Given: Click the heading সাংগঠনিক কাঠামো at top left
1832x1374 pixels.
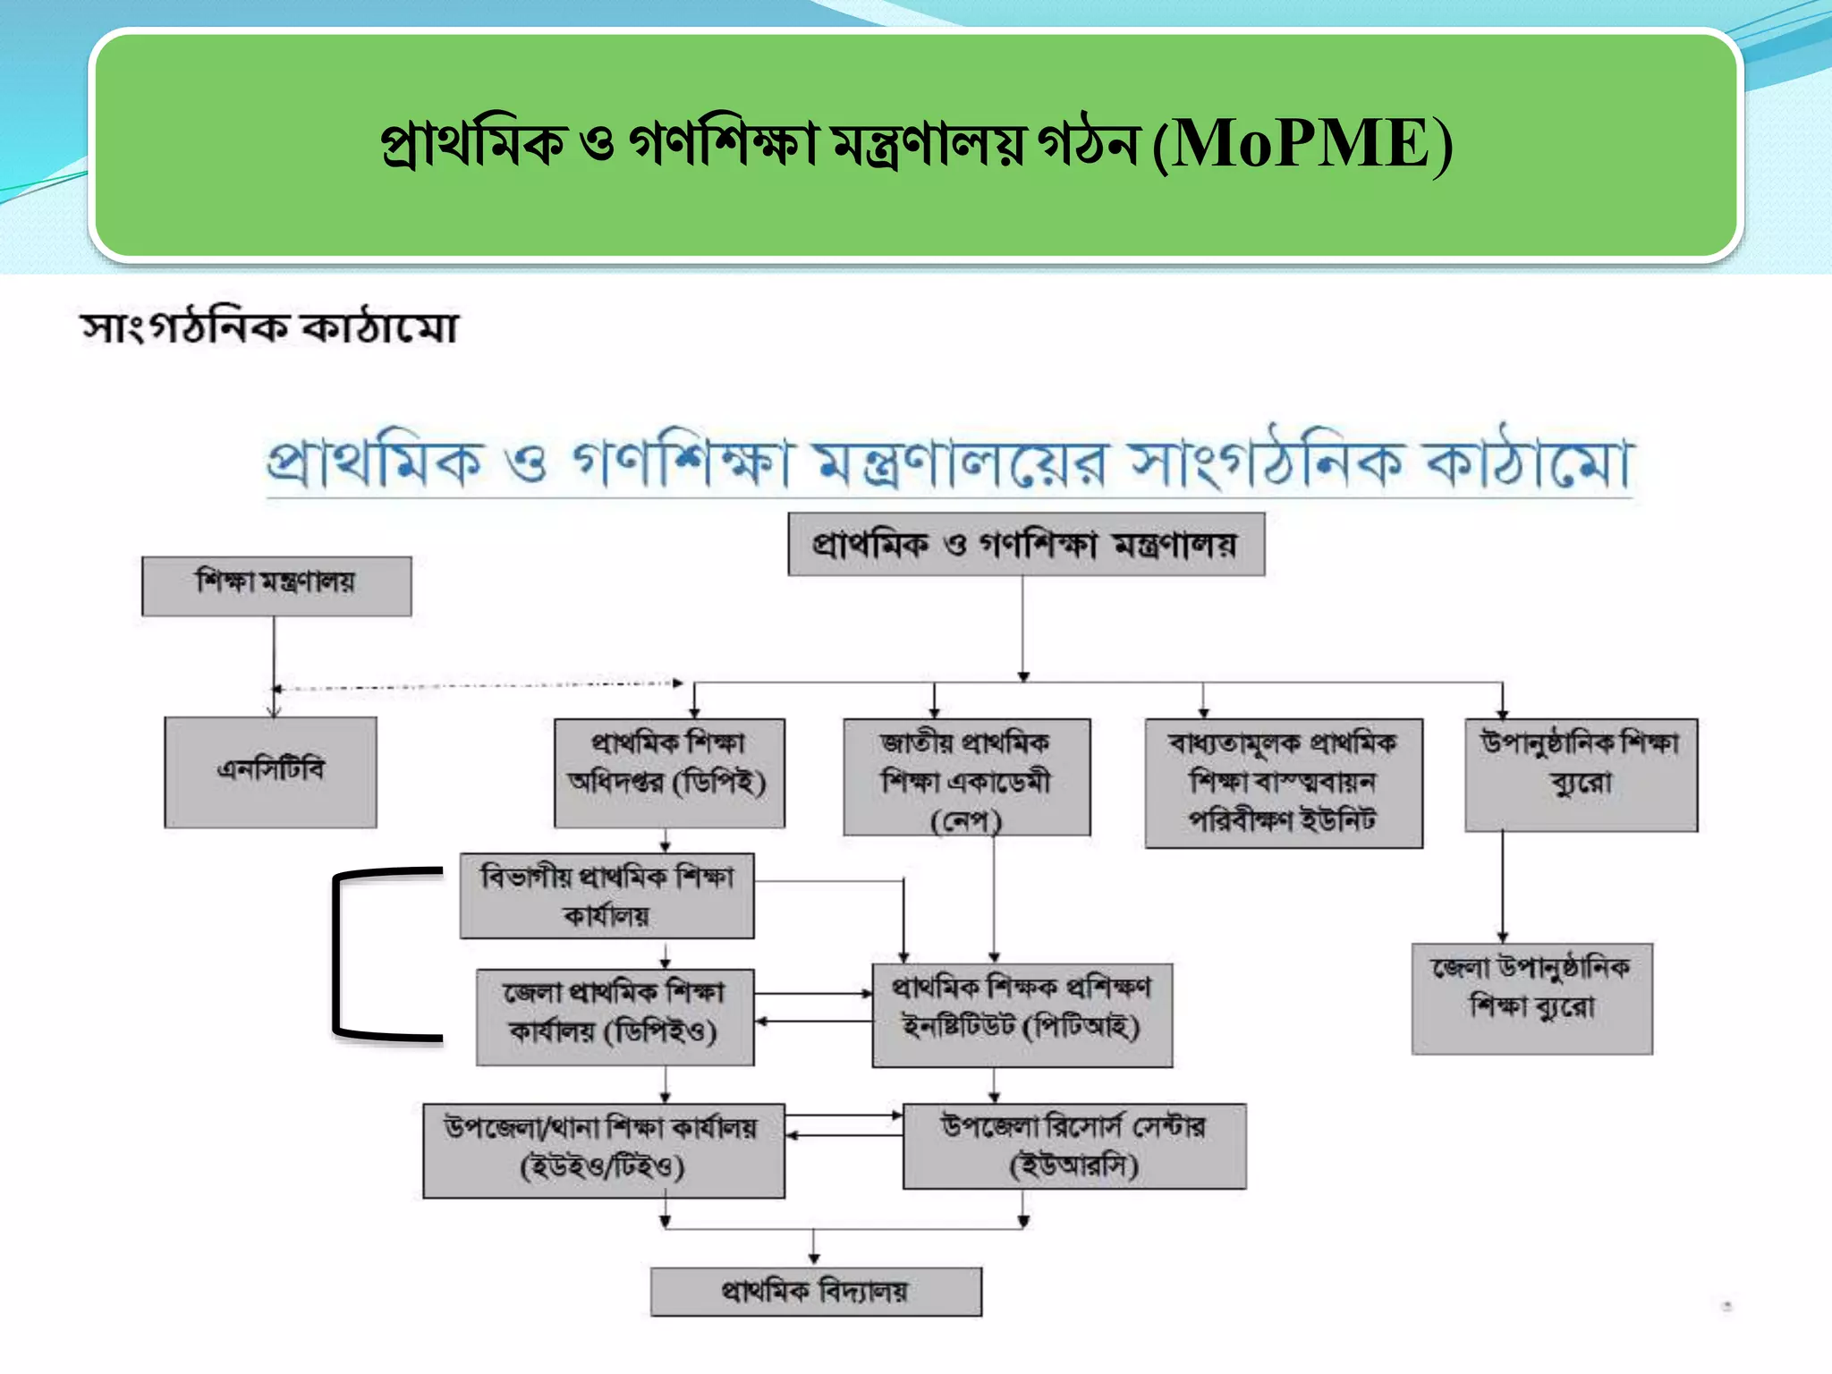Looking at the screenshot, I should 269,327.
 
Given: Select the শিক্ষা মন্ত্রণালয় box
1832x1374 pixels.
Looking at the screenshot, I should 276,586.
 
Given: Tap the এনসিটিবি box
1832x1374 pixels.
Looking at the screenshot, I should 270,772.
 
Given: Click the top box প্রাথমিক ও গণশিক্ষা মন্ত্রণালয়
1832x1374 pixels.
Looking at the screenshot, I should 1026,544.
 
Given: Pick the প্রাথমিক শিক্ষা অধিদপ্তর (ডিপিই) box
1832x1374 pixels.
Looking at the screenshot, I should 669,773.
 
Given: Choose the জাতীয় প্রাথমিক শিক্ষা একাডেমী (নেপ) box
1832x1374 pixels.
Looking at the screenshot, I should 966,776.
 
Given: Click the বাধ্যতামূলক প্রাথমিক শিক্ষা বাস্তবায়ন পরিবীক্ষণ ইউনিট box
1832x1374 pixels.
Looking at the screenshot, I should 1284,783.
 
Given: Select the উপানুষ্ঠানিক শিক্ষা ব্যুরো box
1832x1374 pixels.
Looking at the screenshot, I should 1581,775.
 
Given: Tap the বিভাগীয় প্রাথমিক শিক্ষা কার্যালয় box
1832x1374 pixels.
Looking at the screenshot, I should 606,895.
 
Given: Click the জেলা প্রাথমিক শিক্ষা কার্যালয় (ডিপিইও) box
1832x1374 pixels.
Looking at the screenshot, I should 615,1016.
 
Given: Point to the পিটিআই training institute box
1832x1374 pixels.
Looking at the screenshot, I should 1022,1014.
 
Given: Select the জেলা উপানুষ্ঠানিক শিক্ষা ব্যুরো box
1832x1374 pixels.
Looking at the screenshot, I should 1531,998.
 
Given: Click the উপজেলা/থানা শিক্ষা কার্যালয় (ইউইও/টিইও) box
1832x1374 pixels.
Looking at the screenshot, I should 604,1149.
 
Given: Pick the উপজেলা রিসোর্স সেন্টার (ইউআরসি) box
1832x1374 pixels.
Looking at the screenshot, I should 1073,1145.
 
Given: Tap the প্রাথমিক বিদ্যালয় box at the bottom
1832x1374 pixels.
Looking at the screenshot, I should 815,1291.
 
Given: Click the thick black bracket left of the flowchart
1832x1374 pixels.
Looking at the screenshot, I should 336,954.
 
